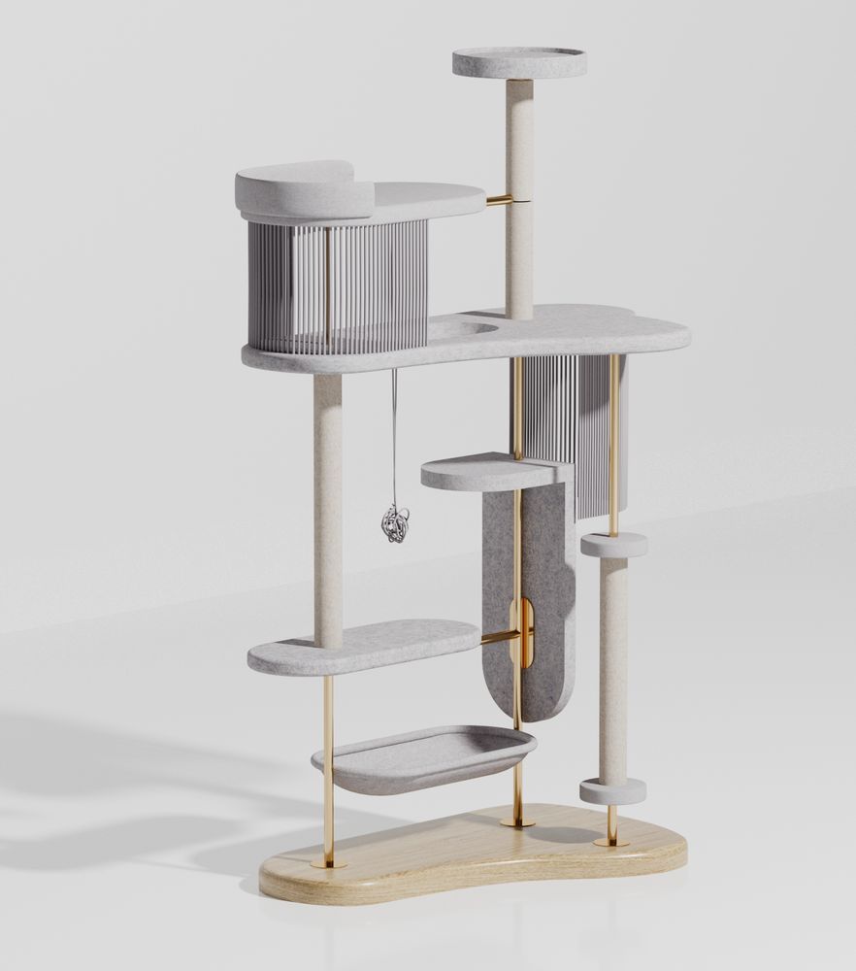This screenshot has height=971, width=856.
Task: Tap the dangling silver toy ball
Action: pyautogui.click(x=395, y=523)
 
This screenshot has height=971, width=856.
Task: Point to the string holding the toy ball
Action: pyautogui.click(x=394, y=437)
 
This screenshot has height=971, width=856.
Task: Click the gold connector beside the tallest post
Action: pyautogui.click(x=500, y=200)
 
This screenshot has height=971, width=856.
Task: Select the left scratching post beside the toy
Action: pyautogui.click(x=328, y=505)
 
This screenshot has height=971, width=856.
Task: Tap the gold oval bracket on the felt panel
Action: pyautogui.click(x=521, y=633)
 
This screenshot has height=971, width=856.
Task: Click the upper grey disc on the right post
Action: pyautogui.click(x=613, y=545)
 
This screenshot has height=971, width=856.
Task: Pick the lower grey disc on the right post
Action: pyautogui.click(x=613, y=790)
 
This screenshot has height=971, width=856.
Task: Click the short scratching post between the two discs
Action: pyautogui.click(x=612, y=670)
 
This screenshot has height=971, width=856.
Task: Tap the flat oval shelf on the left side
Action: pyautogui.click(x=363, y=647)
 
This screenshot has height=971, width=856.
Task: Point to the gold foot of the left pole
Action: pyautogui.click(x=329, y=862)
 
